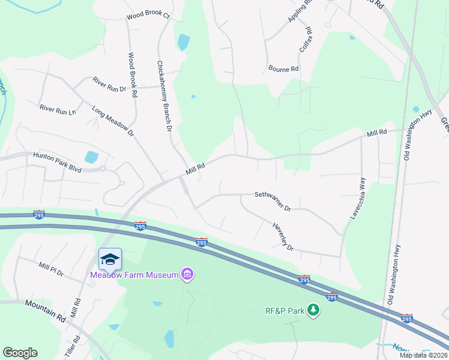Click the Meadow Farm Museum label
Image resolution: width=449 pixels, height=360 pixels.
[x=134, y=275]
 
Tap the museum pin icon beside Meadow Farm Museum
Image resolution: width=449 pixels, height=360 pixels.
[x=187, y=275]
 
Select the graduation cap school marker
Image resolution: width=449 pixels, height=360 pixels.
[x=110, y=259]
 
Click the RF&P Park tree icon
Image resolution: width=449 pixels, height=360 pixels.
[x=313, y=310]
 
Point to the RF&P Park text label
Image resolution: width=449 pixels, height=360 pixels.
[x=285, y=311]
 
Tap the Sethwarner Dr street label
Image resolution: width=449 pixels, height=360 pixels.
[x=273, y=202]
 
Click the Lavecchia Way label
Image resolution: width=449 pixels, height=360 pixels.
[x=358, y=198]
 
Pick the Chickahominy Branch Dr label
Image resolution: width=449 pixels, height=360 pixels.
[x=164, y=96]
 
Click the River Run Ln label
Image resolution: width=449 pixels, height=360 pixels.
[x=58, y=109]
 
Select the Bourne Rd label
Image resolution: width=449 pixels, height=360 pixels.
[x=283, y=69]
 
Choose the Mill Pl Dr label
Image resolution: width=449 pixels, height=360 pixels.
[x=50, y=268]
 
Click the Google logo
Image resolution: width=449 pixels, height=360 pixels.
[x=20, y=353]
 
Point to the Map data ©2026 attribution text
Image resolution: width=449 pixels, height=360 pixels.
[x=423, y=355]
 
